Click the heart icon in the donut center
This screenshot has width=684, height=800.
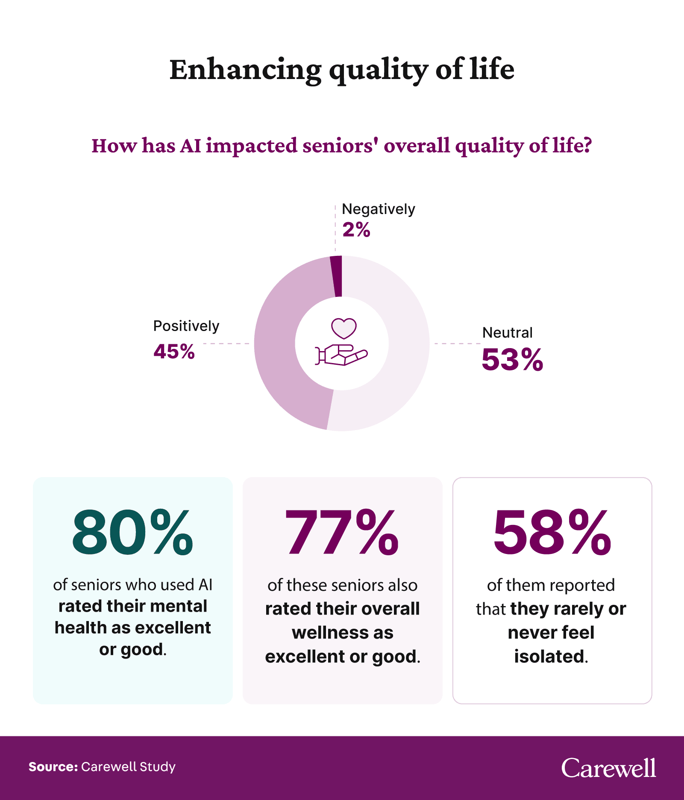click(344, 328)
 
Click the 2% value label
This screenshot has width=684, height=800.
click(356, 230)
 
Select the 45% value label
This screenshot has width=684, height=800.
click(174, 352)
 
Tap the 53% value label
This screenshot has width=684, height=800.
click(512, 360)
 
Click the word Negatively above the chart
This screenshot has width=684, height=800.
click(378, 209)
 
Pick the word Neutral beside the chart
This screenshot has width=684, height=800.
click(507, 333)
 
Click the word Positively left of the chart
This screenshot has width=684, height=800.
click(186, 326)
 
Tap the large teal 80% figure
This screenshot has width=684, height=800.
click(132, 533)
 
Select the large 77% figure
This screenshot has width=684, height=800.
click(342, 533)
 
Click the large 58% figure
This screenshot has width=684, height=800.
click(552, 533)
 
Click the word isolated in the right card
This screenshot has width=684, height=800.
click(549, 656)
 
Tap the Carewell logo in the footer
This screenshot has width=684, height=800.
click(608, 768)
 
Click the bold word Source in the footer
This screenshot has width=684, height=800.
click(53, 767)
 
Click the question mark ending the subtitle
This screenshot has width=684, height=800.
click(587, 145)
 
